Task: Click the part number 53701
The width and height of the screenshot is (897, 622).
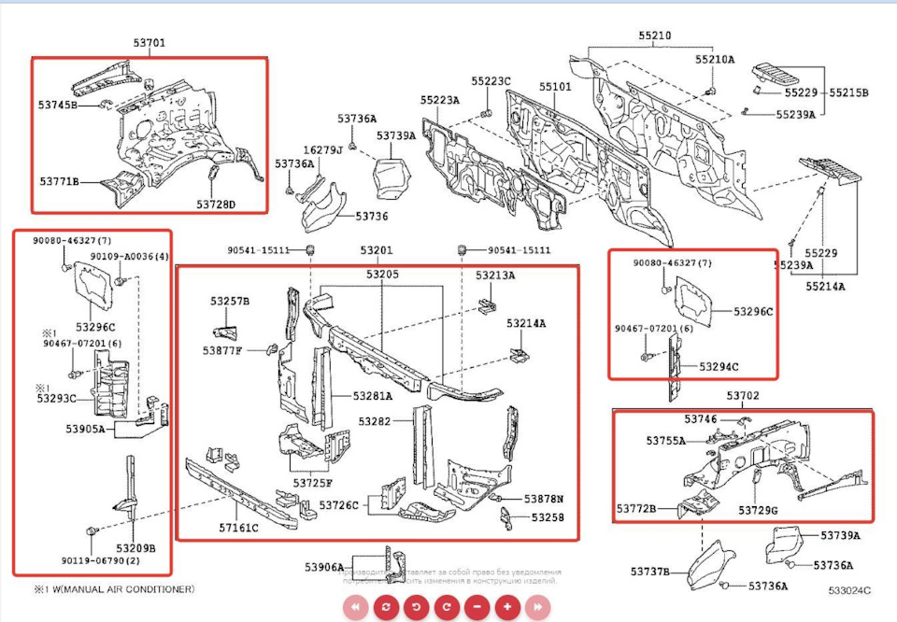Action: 149,43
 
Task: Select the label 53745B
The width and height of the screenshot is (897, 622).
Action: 58,105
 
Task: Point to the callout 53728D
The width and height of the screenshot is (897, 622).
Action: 216,204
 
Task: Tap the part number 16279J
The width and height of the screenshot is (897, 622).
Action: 322,149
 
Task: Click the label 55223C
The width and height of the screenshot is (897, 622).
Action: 491,81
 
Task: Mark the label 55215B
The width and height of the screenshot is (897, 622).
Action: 851,92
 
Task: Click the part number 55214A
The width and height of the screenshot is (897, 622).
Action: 825,286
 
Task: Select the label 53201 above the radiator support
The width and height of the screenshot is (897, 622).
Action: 377,250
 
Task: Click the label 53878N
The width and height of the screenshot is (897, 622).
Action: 550,499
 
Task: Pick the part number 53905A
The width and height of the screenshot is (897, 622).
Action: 85,430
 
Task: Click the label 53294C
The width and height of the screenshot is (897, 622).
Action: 719,367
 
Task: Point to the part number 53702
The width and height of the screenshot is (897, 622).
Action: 744,396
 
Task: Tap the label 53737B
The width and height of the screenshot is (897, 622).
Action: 650,571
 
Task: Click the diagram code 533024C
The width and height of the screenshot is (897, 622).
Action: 849,590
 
